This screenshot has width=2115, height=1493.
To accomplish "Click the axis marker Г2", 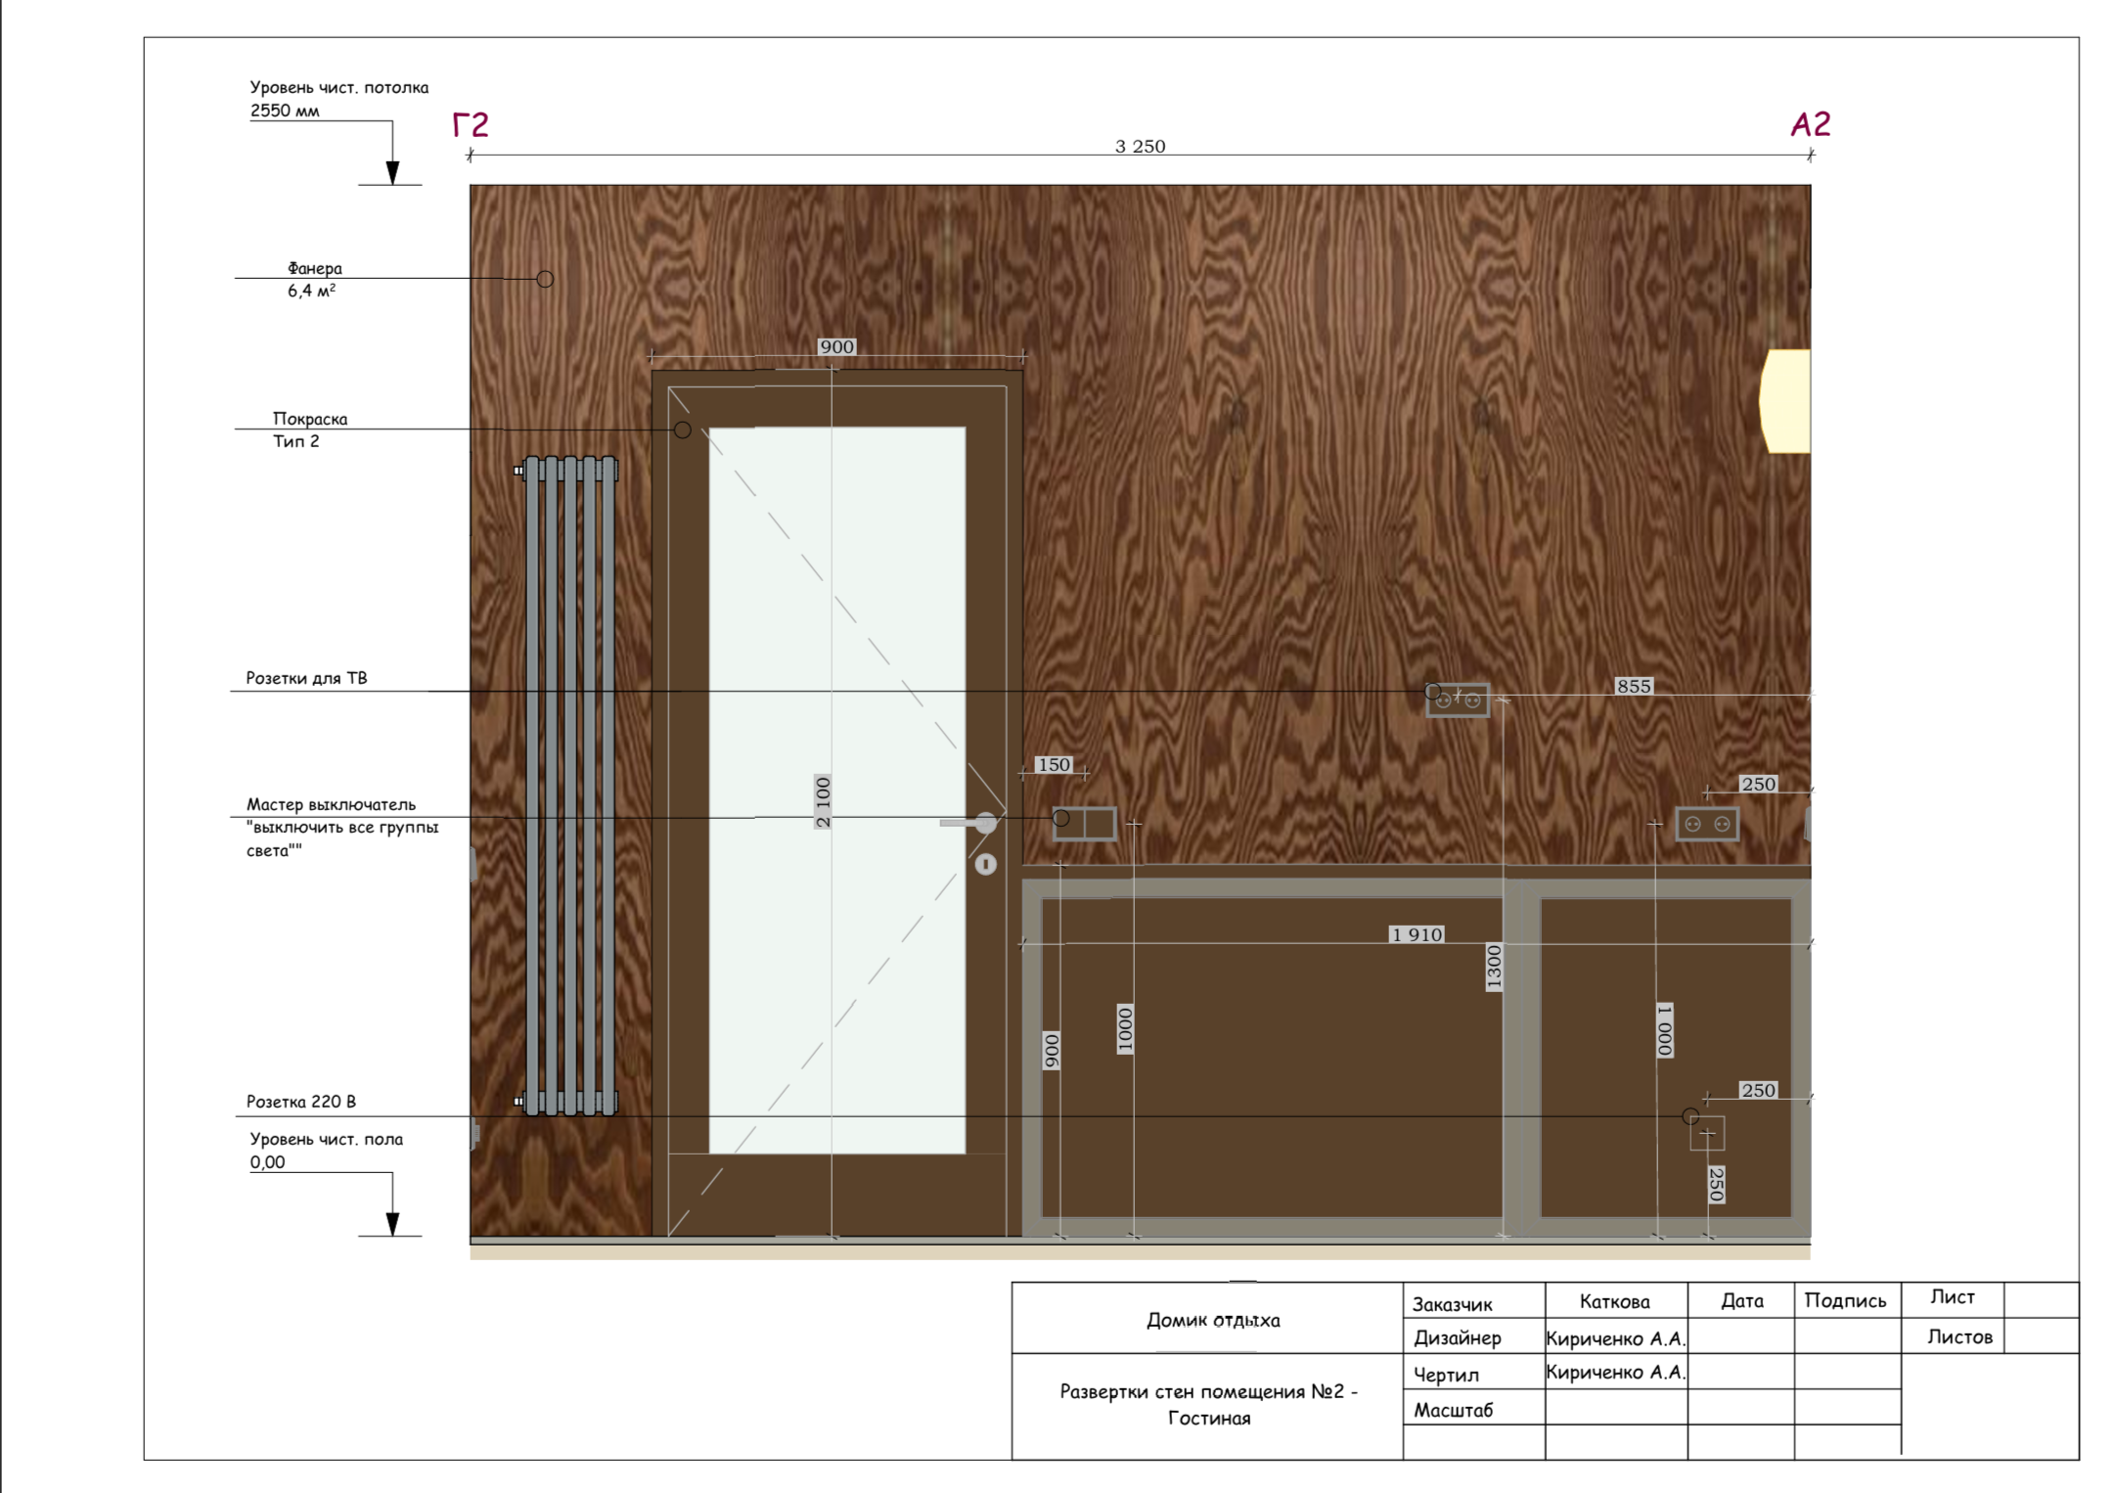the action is coord(470,124).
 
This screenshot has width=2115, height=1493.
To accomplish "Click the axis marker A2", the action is coord(1810,123).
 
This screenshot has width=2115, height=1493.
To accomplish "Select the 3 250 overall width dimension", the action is coord(1140,146).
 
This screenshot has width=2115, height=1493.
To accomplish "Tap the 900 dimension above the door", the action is coord(836,346).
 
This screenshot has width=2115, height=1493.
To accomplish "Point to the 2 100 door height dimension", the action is coord(823,801).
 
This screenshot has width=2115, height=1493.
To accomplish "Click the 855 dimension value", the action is coord(1634,686).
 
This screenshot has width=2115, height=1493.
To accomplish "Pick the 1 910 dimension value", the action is coord(1417,934).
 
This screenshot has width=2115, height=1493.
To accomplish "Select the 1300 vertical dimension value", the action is coord(1494,968).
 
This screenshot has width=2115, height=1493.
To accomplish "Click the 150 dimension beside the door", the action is coord(1054,764).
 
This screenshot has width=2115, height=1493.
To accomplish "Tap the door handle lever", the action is coord(968,823).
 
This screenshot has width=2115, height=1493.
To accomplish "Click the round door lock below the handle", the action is coord(985,864).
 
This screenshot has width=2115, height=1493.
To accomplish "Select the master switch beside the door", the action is coord(1085,823).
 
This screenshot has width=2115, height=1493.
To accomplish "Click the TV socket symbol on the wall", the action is coord(1458,700).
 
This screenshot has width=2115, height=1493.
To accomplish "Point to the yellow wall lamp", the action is coord(1785,401).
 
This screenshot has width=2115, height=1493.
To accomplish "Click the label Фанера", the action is coord(315,268).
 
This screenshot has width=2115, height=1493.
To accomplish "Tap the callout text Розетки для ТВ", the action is coord(306,678).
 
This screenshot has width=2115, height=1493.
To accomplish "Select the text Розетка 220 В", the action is coord(301,1102).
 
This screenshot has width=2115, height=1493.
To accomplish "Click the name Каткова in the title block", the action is coord(1614,1301).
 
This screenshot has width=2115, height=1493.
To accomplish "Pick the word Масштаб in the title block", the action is coord(1454,1410).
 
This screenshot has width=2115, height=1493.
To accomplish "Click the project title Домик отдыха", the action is coord(1213,1320).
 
